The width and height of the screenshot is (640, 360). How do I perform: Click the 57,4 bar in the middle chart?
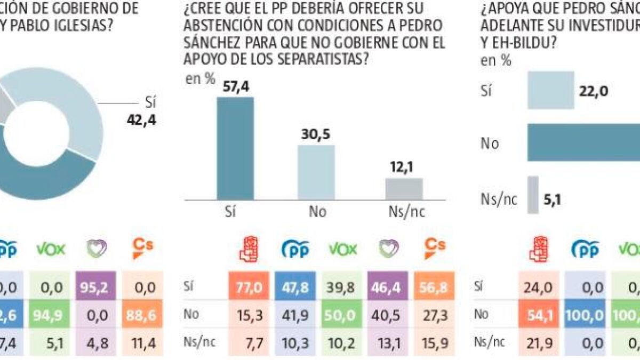[235, 148]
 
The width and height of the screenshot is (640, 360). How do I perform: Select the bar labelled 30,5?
[316, 172]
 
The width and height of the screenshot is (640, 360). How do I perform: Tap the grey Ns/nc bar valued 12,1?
[404, 188]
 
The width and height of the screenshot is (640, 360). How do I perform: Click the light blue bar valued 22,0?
[550, 90]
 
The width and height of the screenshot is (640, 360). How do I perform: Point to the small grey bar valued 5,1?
[533, 195]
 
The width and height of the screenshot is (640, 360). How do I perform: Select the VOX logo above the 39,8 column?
[342, 249]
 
